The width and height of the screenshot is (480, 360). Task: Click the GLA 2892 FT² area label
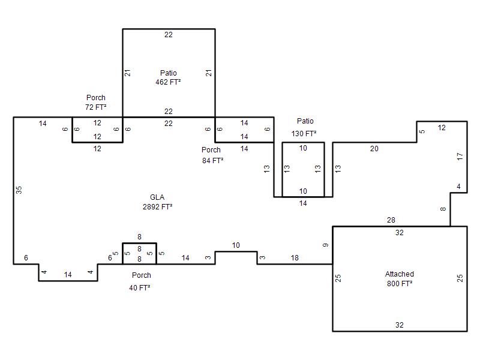click(x=157, y=202)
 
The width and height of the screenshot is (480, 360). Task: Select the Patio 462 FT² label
click(x=168, y=77)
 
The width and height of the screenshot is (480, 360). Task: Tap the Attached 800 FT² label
click(x=400, y=278)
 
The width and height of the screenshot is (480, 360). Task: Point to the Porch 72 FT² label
click(x=96, y=102)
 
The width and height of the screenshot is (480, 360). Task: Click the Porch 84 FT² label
click(x=212, y=155)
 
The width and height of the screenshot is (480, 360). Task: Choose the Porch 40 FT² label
click(x=140, y=281)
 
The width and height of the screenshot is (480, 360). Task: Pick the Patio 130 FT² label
click(x=304, y=127)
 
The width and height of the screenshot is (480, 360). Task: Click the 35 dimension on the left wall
click(x=19, y=190)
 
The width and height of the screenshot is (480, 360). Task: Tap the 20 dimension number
click(x=374, y=149)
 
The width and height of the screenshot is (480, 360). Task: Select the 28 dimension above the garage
click(x=391, y=220)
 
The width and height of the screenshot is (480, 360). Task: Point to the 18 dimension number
click(x=295, y=258)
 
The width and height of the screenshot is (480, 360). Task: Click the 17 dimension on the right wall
click(x=460, y=157)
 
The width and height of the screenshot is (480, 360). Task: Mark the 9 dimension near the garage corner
click(x=326, y=245)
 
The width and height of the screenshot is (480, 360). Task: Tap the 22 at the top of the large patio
click(x=169, y=35)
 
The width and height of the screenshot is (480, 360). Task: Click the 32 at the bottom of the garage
click(x=399, y=325)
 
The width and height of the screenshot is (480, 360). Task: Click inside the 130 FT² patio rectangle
click(x=303, y=170)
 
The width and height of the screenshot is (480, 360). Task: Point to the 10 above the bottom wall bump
click(x=236, y=245)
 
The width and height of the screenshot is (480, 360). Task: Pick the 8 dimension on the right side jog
click(x=443, y=209)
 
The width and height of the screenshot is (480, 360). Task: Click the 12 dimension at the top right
click(x=442, y=128)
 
